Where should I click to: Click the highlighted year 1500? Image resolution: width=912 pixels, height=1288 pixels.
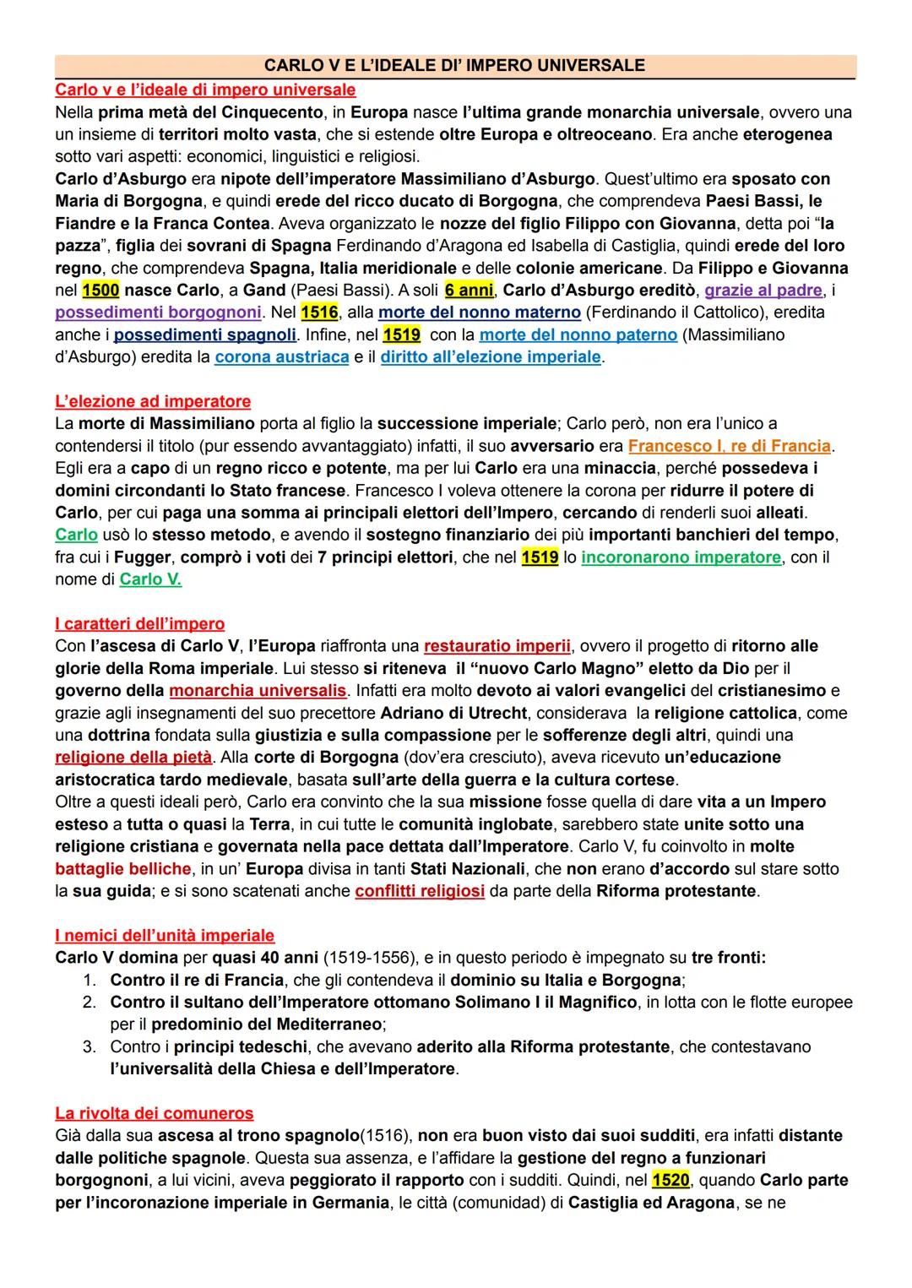click(100, 291)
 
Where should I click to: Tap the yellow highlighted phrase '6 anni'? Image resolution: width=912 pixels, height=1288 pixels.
click(469, 291)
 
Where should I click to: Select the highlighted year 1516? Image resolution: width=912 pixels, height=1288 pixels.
click(319, 312)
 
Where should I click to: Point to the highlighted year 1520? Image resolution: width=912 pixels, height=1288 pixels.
click(671, 1180)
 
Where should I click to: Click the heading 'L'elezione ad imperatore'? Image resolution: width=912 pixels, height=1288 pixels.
click(153, 401)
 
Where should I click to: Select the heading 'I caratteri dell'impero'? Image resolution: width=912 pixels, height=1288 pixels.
click(140, 624)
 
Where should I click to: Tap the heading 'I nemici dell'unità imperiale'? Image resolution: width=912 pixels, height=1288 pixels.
click(165, 936)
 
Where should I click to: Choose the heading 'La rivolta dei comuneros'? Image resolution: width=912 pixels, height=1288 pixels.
click(155, 1113)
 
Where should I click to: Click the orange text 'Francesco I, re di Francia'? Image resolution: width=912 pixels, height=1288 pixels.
click(730, 446)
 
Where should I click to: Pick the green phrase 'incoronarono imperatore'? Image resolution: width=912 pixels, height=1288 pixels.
click(681, 557)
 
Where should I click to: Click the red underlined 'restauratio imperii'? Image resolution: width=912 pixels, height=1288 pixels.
click(497, 647)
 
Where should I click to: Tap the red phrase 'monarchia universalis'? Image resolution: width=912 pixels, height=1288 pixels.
click(258, 691)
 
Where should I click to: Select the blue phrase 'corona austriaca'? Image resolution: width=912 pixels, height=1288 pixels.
click(281, 357)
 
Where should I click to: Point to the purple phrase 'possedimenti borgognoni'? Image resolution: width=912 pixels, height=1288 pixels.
click(158, 312)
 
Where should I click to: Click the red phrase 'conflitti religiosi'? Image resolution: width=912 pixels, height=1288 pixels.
click(420, 892)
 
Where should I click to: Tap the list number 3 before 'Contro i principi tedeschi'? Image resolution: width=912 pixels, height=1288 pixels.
click(88, 1047)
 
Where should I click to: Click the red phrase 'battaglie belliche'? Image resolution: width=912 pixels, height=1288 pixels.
click(123, 869)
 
